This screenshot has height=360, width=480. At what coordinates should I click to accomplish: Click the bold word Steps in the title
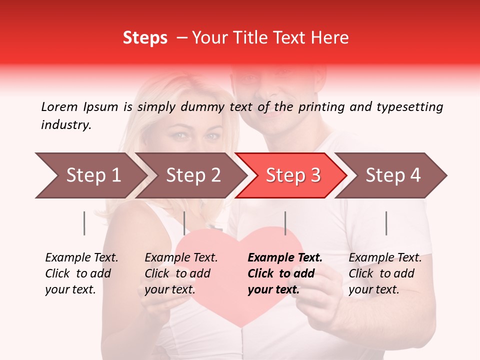coord(145,38)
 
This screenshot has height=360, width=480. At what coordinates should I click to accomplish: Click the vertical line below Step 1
coord(84,223)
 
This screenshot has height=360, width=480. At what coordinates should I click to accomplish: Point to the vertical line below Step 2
coord(184,223)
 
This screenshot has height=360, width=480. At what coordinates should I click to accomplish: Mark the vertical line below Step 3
coord(285,223)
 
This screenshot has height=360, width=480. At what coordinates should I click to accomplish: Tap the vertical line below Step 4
coord(386,223)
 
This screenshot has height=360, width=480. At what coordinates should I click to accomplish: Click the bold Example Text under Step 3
coord(285,258)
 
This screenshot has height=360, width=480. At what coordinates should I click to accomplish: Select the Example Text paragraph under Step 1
coord(81,273)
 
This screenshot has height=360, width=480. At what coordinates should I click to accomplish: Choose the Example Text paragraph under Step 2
coord(181,273)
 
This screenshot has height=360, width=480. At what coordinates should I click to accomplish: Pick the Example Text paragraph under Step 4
coord(385,273)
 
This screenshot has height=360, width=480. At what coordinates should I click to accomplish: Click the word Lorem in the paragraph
coord(59,106)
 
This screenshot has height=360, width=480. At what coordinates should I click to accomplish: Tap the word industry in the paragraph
coord(66,125)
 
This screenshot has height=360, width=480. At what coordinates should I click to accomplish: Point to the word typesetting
coord(410,107)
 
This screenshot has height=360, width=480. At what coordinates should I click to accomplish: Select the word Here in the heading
coord(329,38)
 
